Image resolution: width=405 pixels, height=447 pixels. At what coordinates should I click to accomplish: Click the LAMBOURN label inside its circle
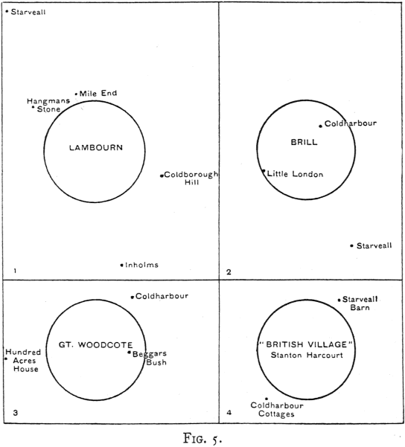click(96, 148)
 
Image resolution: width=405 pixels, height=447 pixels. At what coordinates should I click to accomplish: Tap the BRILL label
click(304, 142)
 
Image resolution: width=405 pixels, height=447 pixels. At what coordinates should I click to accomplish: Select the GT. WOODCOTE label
click(95, 345)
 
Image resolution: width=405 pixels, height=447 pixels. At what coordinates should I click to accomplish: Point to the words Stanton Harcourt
click(307, 356)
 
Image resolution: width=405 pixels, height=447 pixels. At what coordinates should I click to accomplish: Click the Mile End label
click(98, 93)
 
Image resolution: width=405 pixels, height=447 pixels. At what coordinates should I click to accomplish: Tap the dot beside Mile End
click(76, 94)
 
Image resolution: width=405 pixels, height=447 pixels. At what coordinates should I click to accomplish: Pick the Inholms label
click(141, 265)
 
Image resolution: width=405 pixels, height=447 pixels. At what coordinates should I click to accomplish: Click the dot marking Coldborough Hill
click(162, 176)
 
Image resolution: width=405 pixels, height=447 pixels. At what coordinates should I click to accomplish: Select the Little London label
click(295, 174)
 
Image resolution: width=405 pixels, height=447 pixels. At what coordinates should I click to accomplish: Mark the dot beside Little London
click(264, 171)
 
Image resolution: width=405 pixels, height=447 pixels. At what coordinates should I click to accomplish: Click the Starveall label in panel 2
click(374, 245)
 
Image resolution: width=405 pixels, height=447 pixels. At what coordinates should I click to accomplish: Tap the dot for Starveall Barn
click(339, 300)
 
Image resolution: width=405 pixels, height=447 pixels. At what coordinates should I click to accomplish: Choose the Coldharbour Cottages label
click(277, 410)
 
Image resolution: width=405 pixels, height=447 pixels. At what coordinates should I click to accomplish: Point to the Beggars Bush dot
click(130, 353)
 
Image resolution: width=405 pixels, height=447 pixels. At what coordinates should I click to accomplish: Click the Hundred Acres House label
click(23, 361)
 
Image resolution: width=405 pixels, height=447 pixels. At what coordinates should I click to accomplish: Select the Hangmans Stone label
click(48, 105)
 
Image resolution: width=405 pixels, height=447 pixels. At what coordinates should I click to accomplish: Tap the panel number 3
click(16, 413)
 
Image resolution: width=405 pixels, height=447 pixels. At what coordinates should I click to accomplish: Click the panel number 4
click(229, 413)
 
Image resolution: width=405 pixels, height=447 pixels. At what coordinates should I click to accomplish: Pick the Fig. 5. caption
click(202, 438)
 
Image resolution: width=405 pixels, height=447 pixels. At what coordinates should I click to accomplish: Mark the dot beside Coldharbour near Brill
click(321, 126)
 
